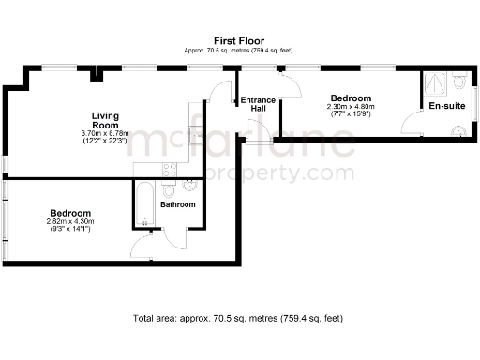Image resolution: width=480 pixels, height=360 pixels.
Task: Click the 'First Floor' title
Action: pyautogui.click(x=239, y=41)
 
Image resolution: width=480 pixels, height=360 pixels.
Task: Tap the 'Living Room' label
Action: pyautogui.click(x=104, y=120)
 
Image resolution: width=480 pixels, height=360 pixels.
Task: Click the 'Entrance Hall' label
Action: pyautogui.click(x=258, y=104)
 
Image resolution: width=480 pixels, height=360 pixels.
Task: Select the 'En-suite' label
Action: pyautogui.click(x=446, y=106)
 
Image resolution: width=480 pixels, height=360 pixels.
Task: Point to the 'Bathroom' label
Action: pyautogui.click(x=178, y=204)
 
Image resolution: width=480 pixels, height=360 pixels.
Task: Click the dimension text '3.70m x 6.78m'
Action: pyautogui.click(x=104, y=133)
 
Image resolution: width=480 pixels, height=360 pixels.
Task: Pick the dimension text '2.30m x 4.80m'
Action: pyautogui.click(x=352, y=107)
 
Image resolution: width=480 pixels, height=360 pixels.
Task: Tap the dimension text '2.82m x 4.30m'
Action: pyautogui.click(x=70, y=222)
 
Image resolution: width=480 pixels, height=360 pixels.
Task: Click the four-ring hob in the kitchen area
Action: pyautogui.click(x=169, y=170)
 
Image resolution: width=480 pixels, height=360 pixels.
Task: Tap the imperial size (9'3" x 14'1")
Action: pyautogui.click(x=70, y=230)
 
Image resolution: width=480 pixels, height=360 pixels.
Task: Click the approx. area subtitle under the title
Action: pyautogui.click(x=239, y=51)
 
